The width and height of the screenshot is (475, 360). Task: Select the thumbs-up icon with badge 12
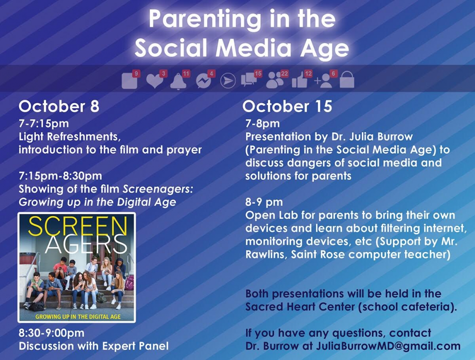coord(299,81)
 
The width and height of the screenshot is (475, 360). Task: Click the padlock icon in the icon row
coord(347,80)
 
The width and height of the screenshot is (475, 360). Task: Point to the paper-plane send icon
coord(228,81)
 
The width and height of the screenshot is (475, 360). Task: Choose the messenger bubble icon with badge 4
coord(203,81)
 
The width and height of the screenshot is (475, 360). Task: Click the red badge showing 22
coord(284,73)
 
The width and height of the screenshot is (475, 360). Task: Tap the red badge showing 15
coord(258,73)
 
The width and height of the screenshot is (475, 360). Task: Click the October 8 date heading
coord(59,107)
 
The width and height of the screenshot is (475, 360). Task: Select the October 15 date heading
coord(287,107)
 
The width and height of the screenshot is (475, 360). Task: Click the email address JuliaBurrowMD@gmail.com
coord(388,346)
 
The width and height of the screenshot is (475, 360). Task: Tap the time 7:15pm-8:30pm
coord(60,176)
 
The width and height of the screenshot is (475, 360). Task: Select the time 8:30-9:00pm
coord(52,333)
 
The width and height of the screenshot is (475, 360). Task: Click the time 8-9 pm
coord(264,202)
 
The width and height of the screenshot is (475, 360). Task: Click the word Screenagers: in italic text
coord(158,189)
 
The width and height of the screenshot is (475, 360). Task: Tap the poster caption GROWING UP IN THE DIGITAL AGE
coord(78,317)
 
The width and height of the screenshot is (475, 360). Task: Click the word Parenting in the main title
coord(205,19)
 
